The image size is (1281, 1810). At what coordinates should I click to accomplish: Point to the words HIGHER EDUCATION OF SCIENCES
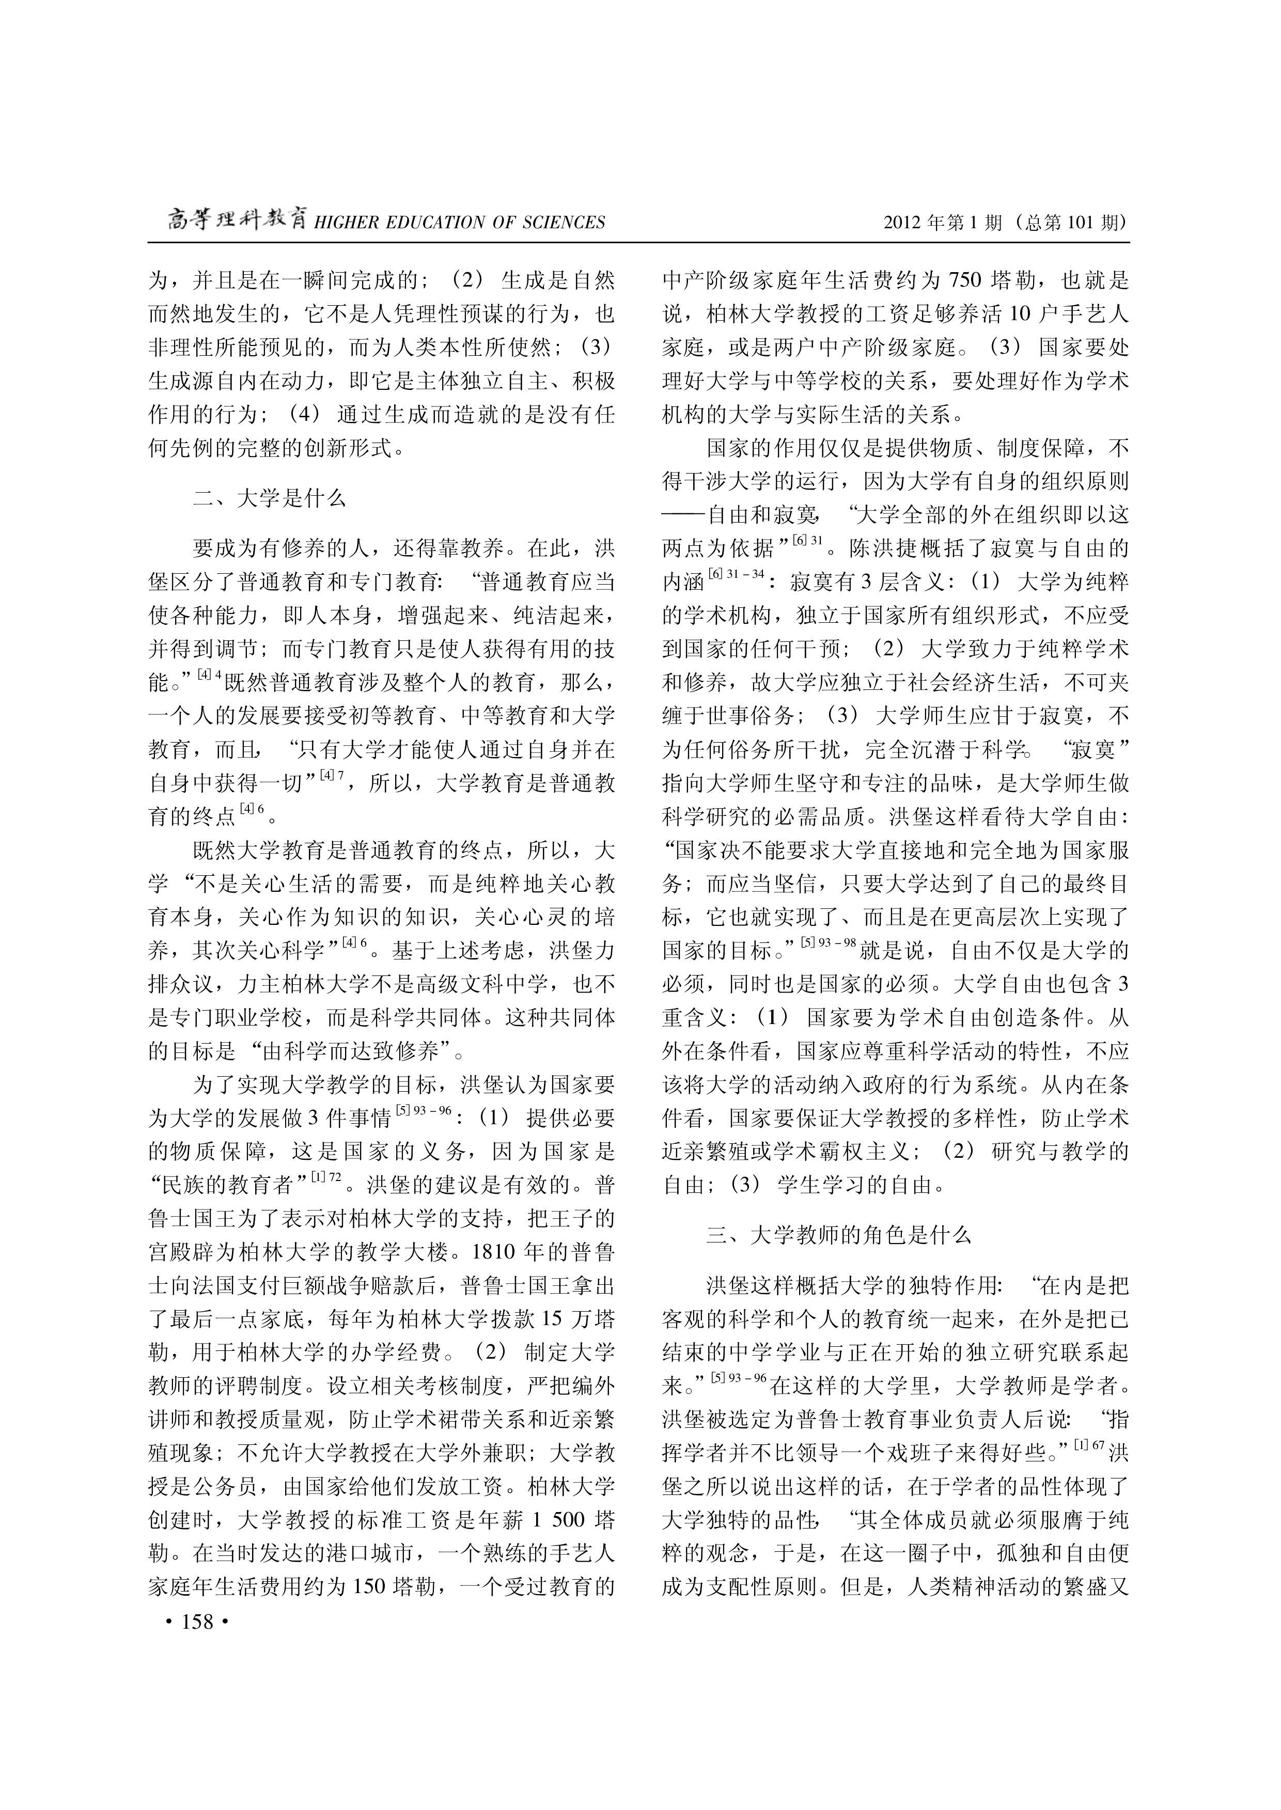click(x=460, y=223)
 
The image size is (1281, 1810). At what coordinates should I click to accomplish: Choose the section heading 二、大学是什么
click(x=269, y=498)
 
